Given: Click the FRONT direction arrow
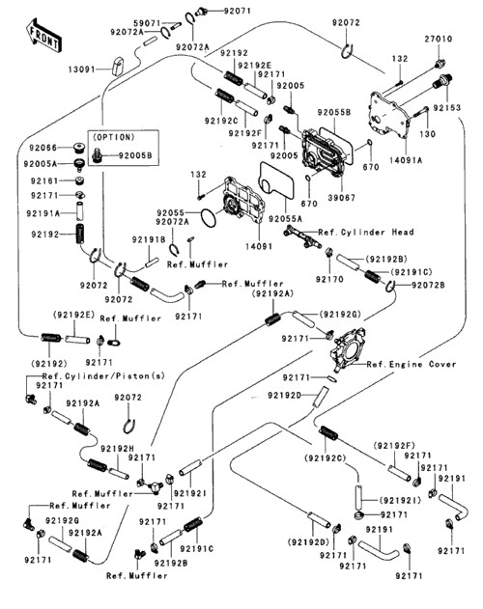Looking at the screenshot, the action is (x=43, y=36).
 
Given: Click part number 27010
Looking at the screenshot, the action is (x=439, y=39).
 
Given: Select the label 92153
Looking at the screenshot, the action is (x=447, y=107).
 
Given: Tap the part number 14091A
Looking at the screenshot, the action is (x=406, y=160).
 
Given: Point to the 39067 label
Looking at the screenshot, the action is (x=341, y=198).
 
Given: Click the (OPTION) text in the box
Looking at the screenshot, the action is (x=114, y=137).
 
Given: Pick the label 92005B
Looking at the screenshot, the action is (x=135, y=155).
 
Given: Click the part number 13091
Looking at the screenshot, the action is (x=82, y=69).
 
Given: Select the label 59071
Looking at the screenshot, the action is (x=148, y=24).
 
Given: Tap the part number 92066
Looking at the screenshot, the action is (x=43, y=148).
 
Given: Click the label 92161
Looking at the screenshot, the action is (x=44, y=181).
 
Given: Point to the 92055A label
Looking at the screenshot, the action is (x=285, y=219).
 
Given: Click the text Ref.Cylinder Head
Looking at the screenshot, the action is (x=366, y=233).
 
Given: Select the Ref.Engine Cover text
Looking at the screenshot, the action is (x=412, y=364).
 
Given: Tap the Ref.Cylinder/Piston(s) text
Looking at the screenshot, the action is (x=103, y=376).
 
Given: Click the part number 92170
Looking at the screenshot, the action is (x=329, y=279).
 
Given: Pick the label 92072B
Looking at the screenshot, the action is (x=429, y=285).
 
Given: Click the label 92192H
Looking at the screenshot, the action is (x=117, y=449).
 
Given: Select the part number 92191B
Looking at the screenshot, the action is (x=149, y=239).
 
